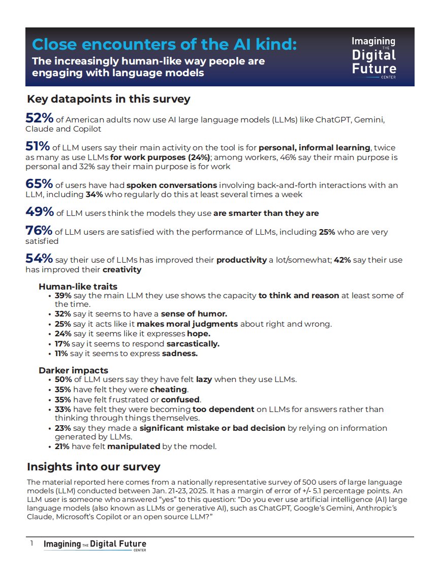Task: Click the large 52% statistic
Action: (39, 118)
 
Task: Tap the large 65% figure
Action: (39, 183)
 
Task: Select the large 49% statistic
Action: (39, 212)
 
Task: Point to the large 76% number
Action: (39, 231)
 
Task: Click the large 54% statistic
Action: (39, 259)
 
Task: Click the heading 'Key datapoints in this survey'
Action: (109, 99)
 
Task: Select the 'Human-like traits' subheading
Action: (78, 287)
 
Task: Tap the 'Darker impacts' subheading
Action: (73, 370)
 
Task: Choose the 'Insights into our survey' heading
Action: (93, 466)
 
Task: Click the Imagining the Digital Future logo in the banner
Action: (374, 57)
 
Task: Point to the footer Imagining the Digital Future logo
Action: (95, 545)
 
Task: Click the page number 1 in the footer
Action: (32, 544)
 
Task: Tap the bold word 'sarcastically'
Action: (193, 343)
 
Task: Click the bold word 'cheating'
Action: (169, 390)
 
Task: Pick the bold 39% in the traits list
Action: (63, 296)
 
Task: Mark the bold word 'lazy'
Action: (204, 379)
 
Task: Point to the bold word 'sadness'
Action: (179, 354)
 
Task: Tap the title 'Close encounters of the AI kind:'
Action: (165, 45)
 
